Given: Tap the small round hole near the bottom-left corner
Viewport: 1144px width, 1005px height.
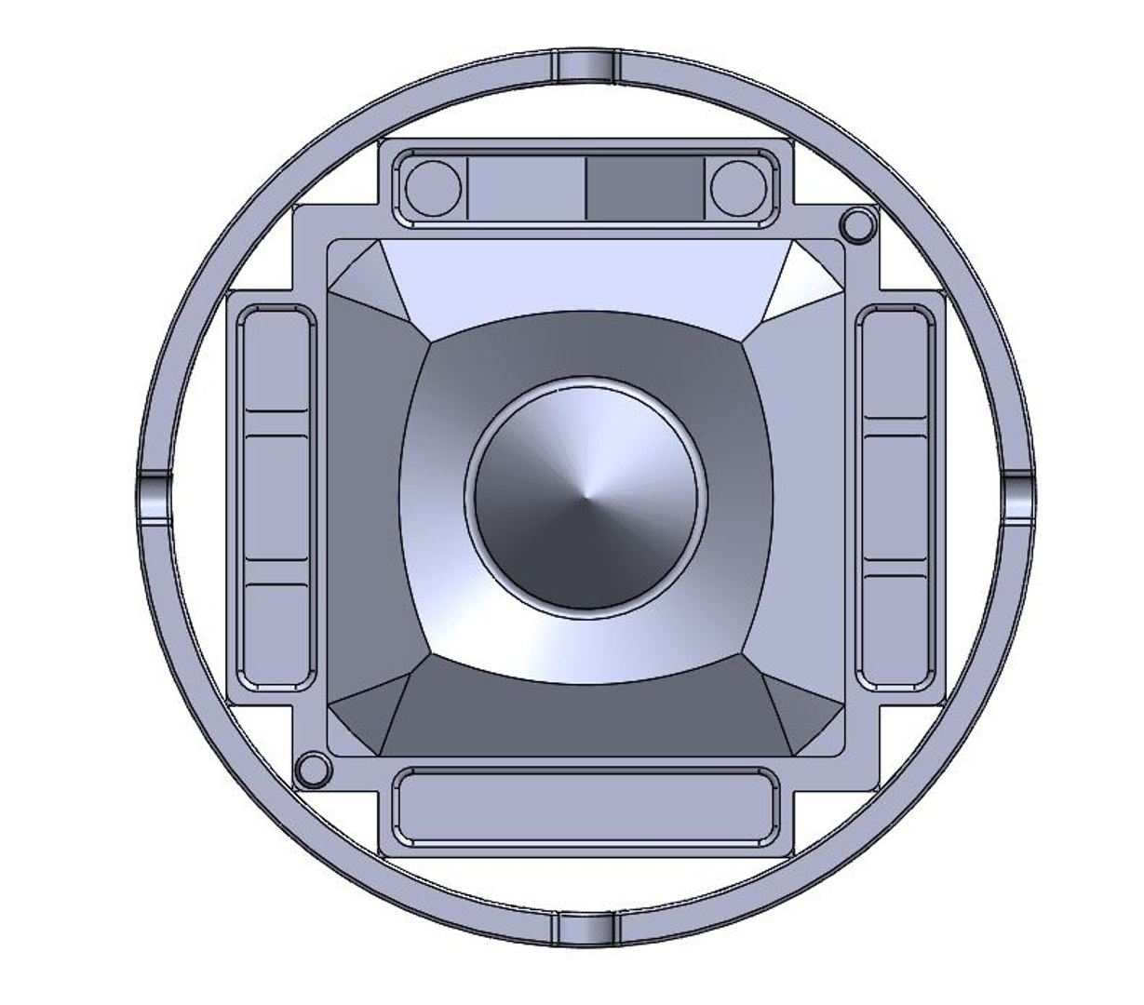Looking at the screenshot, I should [312, 770].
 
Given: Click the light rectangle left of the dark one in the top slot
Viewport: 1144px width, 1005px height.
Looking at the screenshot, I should [526, 189].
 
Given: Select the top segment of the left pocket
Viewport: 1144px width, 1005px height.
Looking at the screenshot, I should [276, 363].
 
